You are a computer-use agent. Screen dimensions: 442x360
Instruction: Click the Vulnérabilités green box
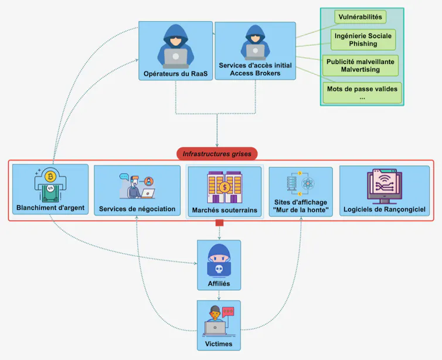(x=361, y=17)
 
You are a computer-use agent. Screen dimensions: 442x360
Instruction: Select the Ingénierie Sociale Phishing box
(x=363, y=40)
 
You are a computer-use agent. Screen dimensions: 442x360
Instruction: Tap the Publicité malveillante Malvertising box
(x=361, y=66)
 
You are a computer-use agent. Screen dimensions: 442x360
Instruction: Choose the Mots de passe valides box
(x=362, y=93)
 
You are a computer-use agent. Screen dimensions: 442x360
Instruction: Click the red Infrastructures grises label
(x=217, y=154)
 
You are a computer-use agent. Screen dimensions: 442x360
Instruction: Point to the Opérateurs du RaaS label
(x=175, y=74)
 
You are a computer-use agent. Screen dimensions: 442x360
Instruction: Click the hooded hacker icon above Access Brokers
(x=255, y=42)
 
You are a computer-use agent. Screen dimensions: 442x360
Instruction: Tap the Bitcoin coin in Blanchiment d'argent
(x=50, y=176)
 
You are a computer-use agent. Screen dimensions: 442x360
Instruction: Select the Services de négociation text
(x=137, y=209)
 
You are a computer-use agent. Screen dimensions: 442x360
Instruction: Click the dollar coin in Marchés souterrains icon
(x=225, y=187)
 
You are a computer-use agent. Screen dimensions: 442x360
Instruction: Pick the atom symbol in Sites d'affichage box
(x=308, y=184)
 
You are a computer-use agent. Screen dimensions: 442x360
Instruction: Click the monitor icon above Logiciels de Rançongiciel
(x=385, y=186)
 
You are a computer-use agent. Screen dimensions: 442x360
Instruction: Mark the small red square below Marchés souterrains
(x=219, y=223)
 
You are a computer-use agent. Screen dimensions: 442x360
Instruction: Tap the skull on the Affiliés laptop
(x=219, y=269)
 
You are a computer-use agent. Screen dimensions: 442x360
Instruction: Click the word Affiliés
(x=219, y=284)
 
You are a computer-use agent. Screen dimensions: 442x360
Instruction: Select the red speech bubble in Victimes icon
(x=228, y=312)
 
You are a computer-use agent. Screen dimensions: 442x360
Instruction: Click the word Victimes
(x=219, y=344)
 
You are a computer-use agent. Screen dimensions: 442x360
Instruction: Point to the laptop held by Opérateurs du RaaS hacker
(x=176, y=58)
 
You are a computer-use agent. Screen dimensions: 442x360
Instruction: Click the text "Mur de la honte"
(x=301, y=210)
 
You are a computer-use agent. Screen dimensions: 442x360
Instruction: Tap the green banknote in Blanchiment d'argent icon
(x=50, y=193)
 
